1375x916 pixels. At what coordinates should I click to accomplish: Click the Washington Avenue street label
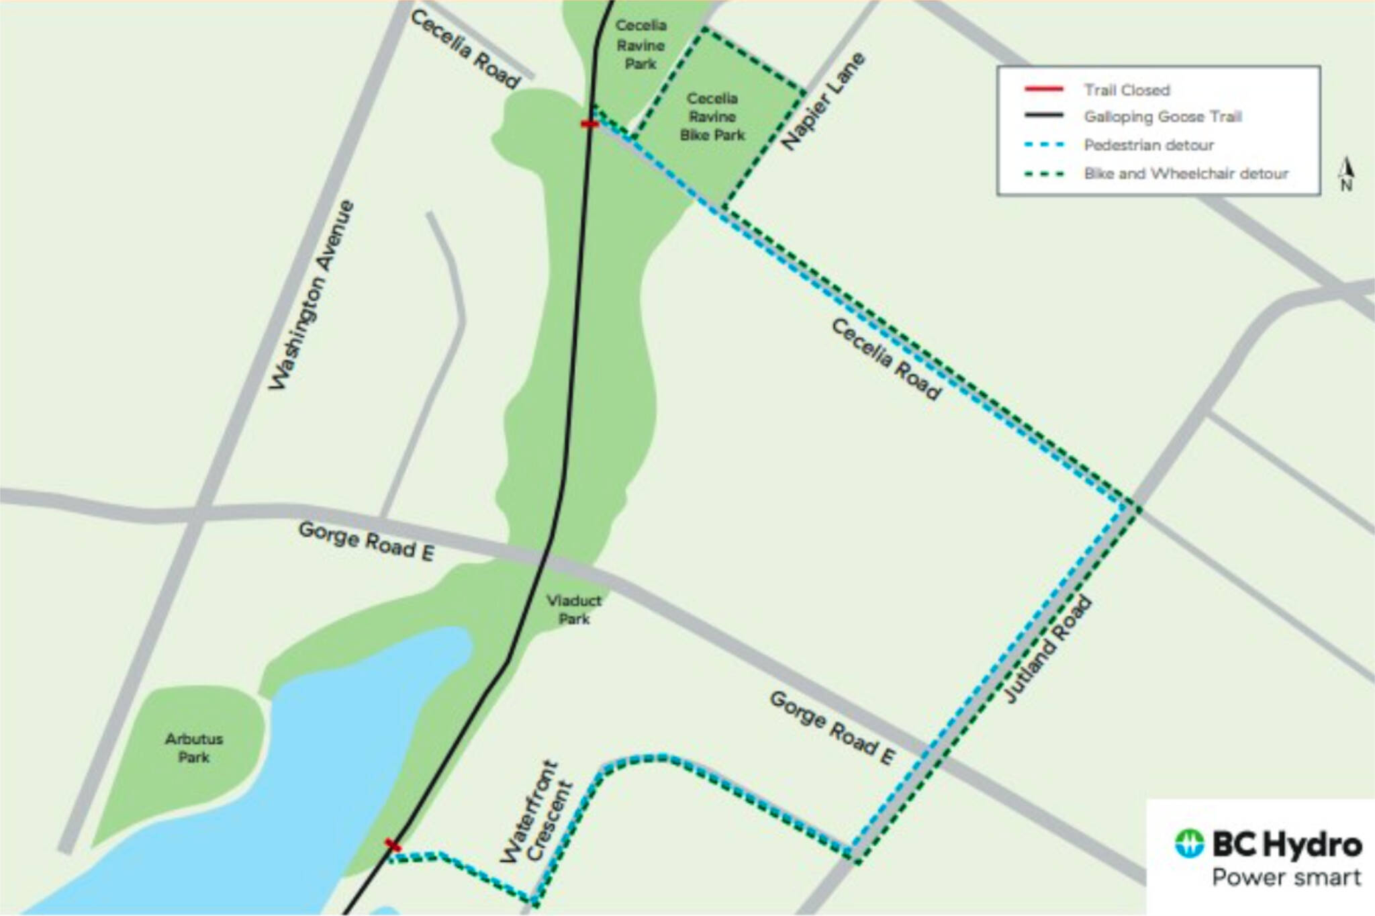[312, 295]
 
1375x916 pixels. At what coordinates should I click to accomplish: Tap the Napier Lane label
[824, 101]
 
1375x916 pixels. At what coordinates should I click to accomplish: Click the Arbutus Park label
[193, 748]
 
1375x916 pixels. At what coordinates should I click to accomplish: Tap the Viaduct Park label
[574, 609]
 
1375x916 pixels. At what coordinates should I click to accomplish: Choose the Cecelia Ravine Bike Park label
[712, 117]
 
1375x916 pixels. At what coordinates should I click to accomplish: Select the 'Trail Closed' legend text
[1127, 90]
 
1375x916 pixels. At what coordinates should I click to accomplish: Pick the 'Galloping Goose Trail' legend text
[1163, 117]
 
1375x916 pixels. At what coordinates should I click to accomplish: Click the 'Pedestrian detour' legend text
[1149, 145]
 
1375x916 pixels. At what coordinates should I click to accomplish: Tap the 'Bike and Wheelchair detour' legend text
[1186, 174]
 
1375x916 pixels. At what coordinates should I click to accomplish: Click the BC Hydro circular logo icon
[1190, 843]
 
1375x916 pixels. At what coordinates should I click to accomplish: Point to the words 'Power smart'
[1286, 877]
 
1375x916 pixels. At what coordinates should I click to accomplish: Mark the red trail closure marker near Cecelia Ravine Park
[589, 124]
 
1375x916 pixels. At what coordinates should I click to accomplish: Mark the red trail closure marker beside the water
[393, 845]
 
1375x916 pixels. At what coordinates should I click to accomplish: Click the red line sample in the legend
[1044, 89]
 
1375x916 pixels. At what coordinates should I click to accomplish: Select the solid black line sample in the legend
[1044, 116]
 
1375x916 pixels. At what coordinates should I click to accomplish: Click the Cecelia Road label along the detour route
[886, 360]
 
